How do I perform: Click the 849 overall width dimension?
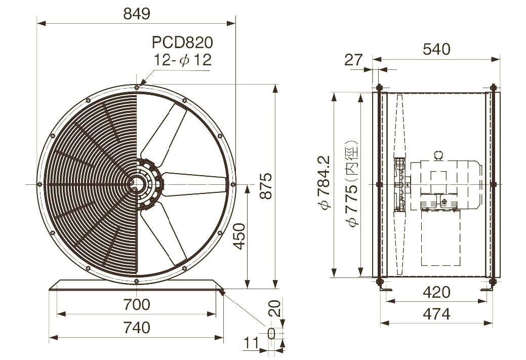[137, 14]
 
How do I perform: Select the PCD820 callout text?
[182, 42]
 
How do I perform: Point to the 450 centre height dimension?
[239, 236]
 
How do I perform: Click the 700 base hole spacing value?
[137, 305]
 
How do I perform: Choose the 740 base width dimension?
[137, 328]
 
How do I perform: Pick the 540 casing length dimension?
[436, 49]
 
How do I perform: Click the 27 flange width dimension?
[353, 60]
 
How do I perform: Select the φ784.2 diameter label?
[325, 182]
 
